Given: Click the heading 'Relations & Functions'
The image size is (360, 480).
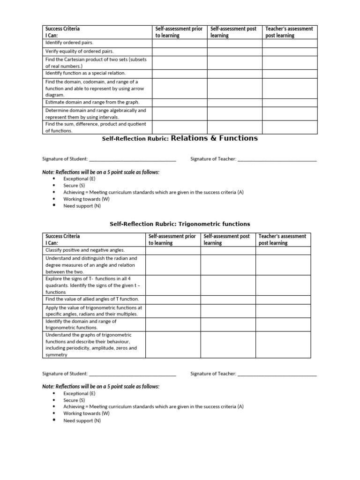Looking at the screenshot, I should point(214,138).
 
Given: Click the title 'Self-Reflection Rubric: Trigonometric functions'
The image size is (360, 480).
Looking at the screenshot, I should point(180,224).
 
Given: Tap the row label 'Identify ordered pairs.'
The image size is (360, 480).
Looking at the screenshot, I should point(69,43).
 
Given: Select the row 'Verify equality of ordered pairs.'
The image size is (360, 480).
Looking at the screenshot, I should point(79,51).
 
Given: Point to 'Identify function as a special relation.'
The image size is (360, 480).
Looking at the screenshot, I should point(85,73).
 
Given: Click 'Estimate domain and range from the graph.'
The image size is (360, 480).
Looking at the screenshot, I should point(92,102).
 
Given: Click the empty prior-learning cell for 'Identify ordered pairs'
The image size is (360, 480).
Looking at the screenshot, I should point(179,43).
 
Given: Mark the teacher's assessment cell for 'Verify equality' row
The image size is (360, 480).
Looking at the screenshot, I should point(289,52).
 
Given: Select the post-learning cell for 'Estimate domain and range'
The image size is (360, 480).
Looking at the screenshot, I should point(234,102).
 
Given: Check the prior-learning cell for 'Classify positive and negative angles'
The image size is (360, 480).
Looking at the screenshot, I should point(173,251).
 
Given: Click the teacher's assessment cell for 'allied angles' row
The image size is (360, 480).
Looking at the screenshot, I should point(283,300).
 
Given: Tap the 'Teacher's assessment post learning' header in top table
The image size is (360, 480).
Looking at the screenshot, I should point(289,32).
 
